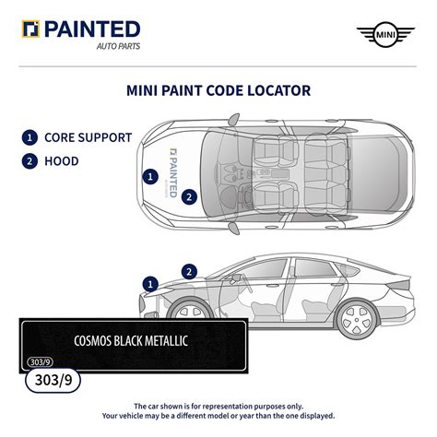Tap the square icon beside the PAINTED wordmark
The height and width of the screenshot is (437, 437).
(30, 30)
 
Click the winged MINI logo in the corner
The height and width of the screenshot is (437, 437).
(384, 35)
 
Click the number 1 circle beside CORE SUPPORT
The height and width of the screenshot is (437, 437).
(30, 138)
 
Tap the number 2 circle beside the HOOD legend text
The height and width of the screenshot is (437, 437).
(30, 160)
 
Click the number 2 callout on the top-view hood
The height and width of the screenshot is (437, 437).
(188, 195)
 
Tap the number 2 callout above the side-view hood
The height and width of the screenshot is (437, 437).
(189, 271)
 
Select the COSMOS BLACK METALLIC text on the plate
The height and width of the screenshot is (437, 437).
(131, 341)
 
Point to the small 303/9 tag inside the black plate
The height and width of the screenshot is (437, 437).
(40, 361)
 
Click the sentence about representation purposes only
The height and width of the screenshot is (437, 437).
(218, 406)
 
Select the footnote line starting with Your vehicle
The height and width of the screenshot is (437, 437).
(218, 417)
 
